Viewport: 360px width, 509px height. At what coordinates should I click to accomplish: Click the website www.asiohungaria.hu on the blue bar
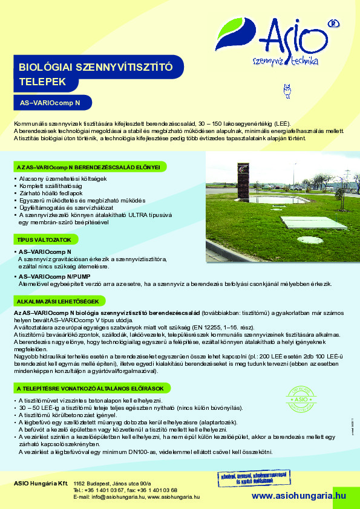click(299, 495)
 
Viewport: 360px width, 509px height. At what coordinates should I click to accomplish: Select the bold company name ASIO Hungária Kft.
click(40, 484)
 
